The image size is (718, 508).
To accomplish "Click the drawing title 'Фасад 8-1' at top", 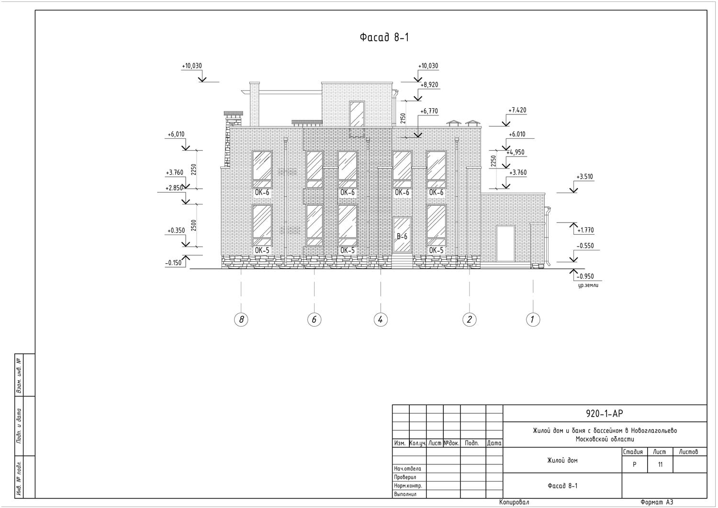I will pyautogui.click(x=384, y=38).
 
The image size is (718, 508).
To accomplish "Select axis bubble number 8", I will pyautogui.click(x=241, y=319).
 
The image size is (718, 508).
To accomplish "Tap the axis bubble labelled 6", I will pyautogui.click(x=314, y=319).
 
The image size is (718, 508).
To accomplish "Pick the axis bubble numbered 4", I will pyautogui.click(x=381, y=319).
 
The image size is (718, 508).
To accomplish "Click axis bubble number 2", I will pyautogui.click(x=469, y=319).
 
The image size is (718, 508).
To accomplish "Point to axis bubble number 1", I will pyautogui.click(x=533, y=319).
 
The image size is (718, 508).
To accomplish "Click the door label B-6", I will pyautogui.click(x=402, y=237).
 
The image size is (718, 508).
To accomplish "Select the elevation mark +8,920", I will pyautogui.click(x=429, y=85).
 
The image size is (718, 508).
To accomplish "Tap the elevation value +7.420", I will pyautogui.click(x=517, y=110).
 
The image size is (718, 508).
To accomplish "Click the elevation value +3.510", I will pyautogui.click(x=584, y=177).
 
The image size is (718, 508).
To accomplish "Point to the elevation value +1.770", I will pyautogui.click(x=585, y=230).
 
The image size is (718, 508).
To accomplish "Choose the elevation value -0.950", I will pyautogui.click(x=585, y=276).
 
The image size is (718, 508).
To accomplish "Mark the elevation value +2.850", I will pyautogui.click(x=174, y=188).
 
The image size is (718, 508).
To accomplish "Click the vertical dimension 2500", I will pyautogui.click(x=194, y=226).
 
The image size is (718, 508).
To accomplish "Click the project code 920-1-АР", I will pyautogui.click(x=605, y=414).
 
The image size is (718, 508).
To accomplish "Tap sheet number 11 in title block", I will pyautogui.click(x=660, y=464).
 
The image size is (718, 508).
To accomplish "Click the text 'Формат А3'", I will pyautogui.click(x=656, y=502).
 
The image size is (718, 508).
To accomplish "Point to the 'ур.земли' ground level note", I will pyautogui.click(x=588, y=285).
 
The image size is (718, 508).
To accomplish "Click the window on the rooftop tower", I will pyautogui.click(x=357, y=113).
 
